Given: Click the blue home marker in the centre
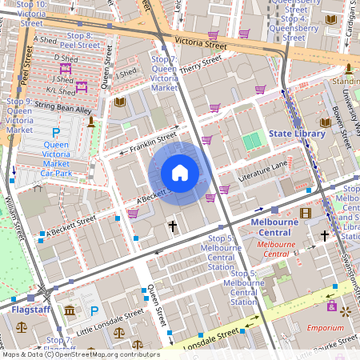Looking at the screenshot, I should pyautogui.click(x=180, y=173).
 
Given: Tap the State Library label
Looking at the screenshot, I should pyautogui.click(x=297, y=134).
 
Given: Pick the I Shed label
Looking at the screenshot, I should pyautogui.click(x=126, y=74).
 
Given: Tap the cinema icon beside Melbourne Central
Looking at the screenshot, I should pyautogui.click(x=305, y=213).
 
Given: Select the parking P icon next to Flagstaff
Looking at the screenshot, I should pyautogui.click(x=94, y=310).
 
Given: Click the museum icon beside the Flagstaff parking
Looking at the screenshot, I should pyautogui.click(x=70, y=310).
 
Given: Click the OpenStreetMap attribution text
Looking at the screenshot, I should pyautogui.click(x=80, y=354).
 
